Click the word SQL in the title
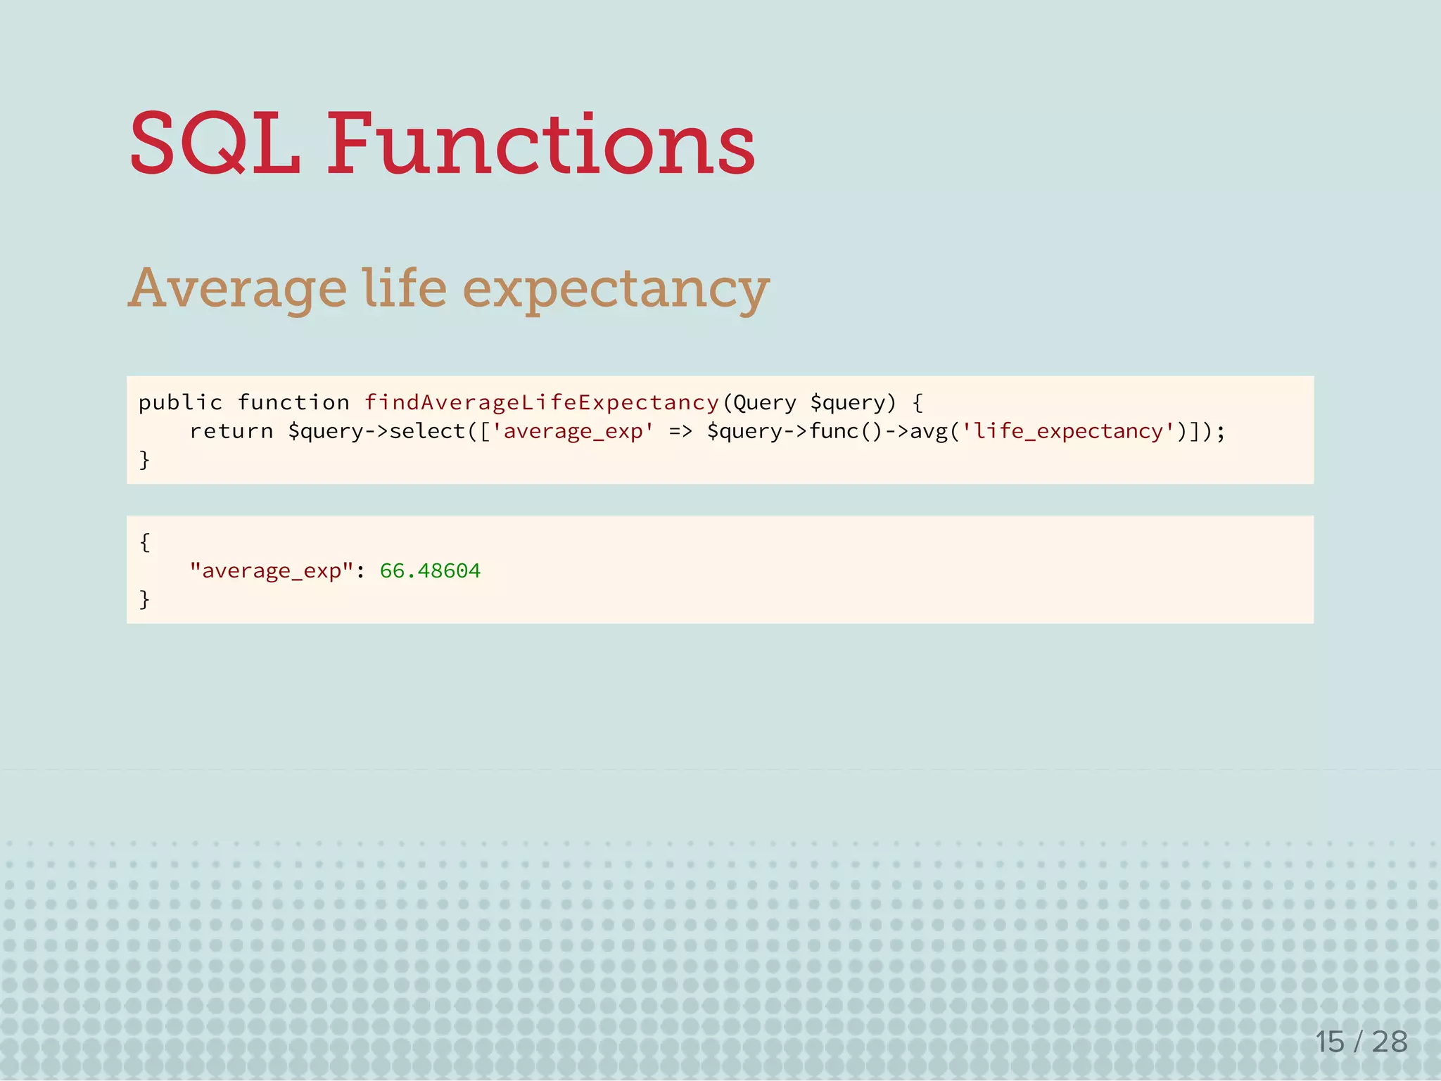215,144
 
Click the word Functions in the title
540,144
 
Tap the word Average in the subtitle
238,288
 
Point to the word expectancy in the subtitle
616,290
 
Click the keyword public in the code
180,403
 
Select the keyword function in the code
293,403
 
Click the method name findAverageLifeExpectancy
541,403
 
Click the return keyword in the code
231,431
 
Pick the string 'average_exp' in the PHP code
573,431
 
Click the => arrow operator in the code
680,431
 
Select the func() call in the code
845,431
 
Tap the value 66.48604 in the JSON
430,570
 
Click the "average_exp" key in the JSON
271,570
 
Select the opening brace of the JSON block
144,542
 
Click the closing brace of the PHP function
144,460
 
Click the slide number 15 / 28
1361,1042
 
